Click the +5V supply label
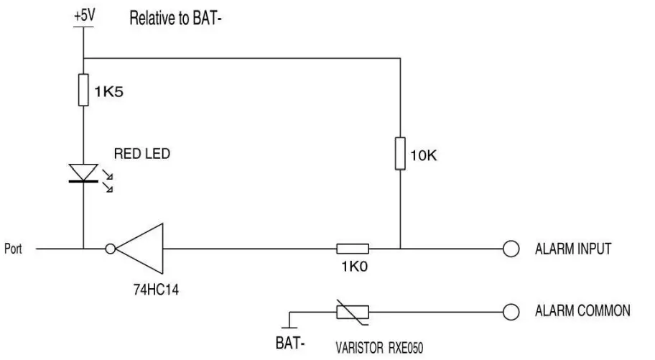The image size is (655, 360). [84, 15]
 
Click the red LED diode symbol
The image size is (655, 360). [84, 173]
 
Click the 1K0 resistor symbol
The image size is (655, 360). [353, 249]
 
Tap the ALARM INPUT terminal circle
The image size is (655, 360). [511, 249]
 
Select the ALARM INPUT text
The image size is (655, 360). [572, 249]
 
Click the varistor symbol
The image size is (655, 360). [353, 311]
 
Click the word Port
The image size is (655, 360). [14, 249]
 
